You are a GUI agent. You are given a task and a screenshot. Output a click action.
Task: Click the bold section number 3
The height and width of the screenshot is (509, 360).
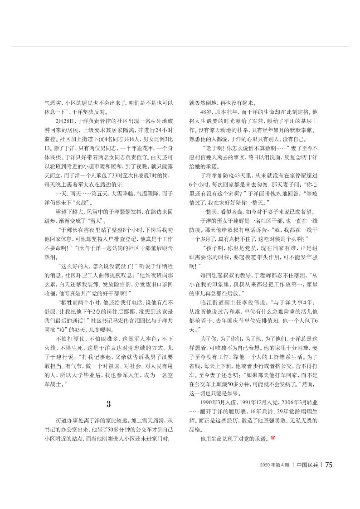[x=108, y=404]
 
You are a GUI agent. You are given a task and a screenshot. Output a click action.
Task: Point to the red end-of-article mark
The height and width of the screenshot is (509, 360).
[x=273, y=438]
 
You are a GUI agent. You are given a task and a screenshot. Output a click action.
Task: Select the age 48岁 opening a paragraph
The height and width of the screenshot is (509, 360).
[x=205, y=111]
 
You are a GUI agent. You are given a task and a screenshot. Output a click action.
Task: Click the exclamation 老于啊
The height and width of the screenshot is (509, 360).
[x=214, y=148]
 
